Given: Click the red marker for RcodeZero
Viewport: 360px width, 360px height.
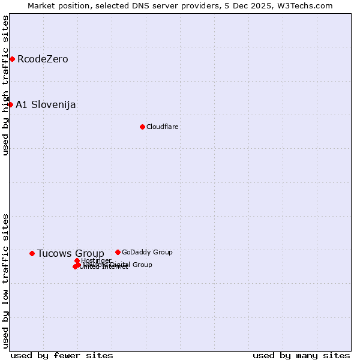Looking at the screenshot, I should [x=12, y=59].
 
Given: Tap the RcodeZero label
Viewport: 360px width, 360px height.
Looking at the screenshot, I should [x=43, y=59].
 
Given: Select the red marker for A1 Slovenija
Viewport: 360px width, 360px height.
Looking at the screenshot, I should [x=10, y=104].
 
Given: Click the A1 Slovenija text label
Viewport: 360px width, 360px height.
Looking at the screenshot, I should [x=46, y=104].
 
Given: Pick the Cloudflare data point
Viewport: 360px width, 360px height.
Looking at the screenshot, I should [x=142, y=127].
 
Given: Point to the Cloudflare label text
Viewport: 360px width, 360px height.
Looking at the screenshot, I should [x=162, y=127].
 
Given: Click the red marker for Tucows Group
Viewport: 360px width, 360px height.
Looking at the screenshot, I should [x=32, y=253].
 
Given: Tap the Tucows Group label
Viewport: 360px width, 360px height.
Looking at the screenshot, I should [x=70, y=253].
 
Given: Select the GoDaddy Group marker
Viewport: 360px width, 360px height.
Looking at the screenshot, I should [x=118, y=252].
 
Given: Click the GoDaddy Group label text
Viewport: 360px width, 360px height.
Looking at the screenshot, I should [x=147, y=252].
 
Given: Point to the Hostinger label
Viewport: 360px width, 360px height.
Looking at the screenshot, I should [x=96, y=260].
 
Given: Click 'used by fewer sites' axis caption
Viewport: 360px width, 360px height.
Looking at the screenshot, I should [x=62, y=355].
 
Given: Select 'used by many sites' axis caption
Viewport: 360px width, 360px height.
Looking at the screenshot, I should [x=301, y=355].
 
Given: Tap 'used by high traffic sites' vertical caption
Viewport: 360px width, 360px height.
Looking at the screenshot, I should [x=5, y=85].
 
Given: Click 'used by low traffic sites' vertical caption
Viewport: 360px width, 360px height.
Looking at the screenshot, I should [x=5, y=280].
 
